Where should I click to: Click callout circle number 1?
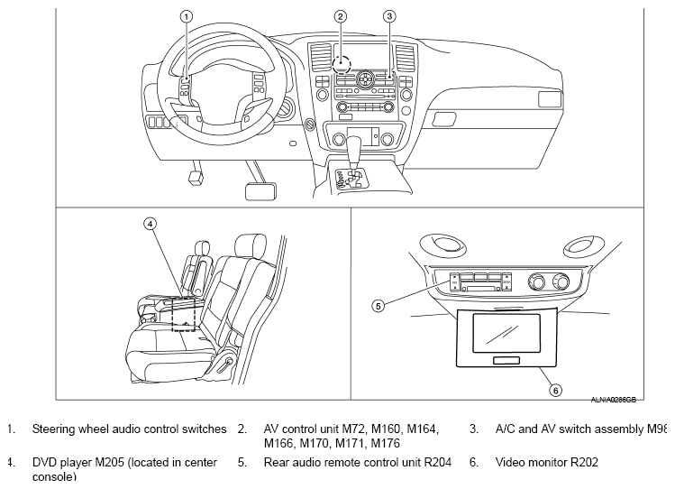pos(187,16)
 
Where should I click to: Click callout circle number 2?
pos(340,16)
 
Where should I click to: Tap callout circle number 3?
pos(389,16)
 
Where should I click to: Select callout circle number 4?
pos(151,223)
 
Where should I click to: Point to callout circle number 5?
pos(379,305)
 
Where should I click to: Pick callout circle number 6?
pos(555,391)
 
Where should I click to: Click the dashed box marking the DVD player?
pos(184,313)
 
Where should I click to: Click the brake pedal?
pos(255,189)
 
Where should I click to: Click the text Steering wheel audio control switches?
pos(129,429)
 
